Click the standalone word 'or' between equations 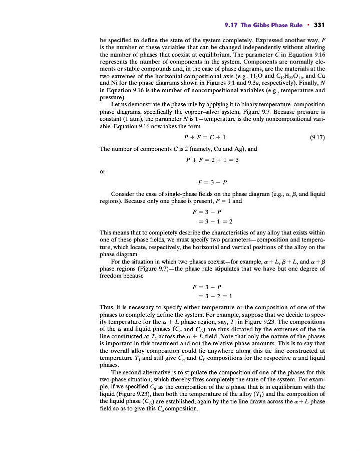103,171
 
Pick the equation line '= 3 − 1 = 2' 209,221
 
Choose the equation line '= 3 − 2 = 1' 209,296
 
